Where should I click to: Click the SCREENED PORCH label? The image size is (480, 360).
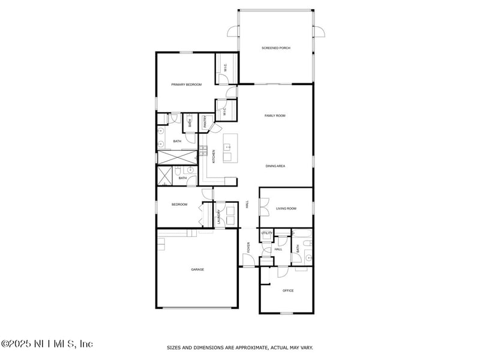tap(276, 48)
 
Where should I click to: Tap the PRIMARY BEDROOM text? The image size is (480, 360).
tap(186, 85)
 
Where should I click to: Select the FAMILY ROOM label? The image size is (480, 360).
tap(275, 115)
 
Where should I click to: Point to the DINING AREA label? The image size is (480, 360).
tap(275, 166)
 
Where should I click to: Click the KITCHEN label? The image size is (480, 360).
tap(214, 157)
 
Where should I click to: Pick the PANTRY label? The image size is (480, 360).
tap(205, 122)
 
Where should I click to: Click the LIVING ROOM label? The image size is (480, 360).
tap(286, 209)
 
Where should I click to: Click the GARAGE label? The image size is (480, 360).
tap(197, 269)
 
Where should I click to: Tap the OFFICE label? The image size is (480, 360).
tap(288, 290)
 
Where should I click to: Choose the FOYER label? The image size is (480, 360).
tap(248, 247)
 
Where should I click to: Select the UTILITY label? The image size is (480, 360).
tap(267, 233)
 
